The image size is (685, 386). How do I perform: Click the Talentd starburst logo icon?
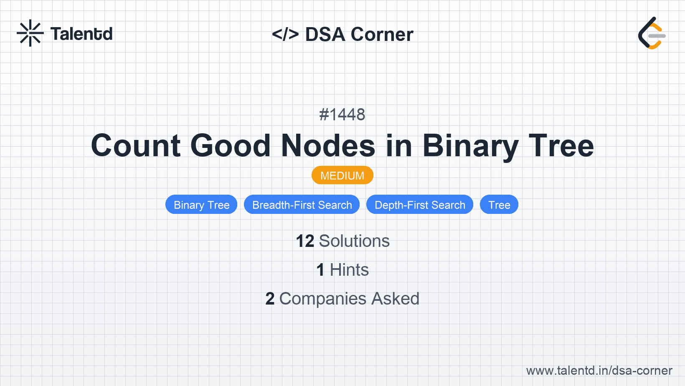(30, 33)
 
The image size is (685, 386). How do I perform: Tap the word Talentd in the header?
(81, 34)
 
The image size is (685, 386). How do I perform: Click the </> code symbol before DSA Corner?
(285, 34)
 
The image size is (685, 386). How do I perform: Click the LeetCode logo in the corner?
(652, 33)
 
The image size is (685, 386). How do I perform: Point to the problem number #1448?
(342, 115)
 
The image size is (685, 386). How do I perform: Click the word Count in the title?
(136, 146)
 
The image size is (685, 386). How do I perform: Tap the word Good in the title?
(230, 146)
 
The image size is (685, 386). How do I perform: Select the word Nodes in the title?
(328, 146)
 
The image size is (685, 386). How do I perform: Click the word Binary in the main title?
(470, 147)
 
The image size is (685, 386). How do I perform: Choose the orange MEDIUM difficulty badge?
(342, 175)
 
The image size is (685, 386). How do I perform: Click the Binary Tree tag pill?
(201, 205)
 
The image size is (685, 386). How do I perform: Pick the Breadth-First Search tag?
(302, 205)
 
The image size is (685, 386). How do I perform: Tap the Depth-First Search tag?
(420, 205)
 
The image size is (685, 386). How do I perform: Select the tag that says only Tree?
(499, 205)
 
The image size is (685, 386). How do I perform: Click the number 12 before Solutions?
(305, 241)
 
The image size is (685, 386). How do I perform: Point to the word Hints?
(349, 270)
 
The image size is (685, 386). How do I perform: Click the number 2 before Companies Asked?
(270, 299)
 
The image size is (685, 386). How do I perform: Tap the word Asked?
(395, 299)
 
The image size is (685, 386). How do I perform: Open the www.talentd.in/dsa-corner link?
(599, 371)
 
